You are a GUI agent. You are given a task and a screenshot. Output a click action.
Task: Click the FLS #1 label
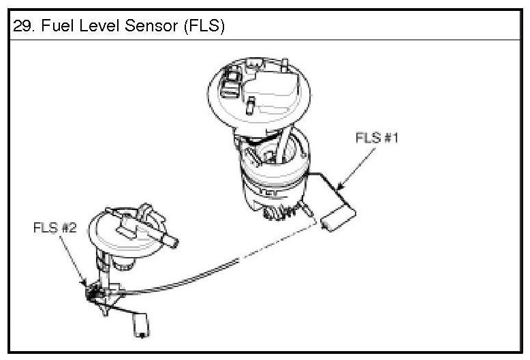point(377,137)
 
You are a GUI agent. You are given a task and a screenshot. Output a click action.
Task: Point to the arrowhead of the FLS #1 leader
point(339,185)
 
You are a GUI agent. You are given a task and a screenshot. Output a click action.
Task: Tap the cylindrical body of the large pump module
point(272,181)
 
